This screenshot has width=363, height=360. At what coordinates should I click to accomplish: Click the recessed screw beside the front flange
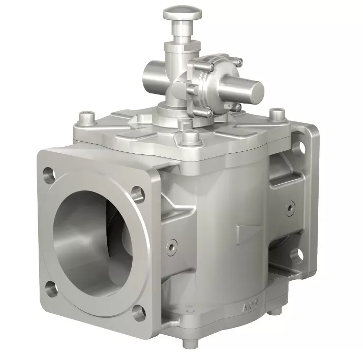(x=172, y=245)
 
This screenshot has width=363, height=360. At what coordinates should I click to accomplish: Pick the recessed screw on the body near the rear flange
(x=290, y=207)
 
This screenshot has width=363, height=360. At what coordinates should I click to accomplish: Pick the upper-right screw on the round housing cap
(x=239, y=62)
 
